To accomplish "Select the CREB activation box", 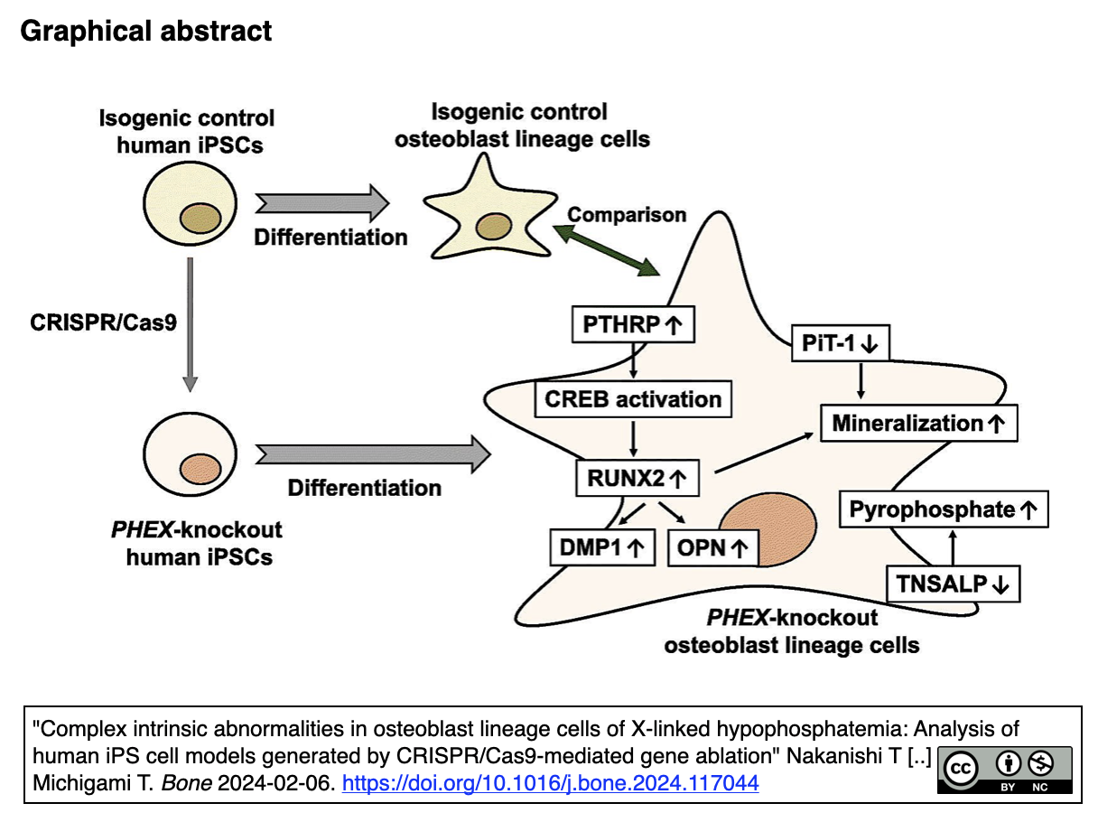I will click(633, 399).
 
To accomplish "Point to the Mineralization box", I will click(918, 423).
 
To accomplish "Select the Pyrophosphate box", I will click(943, 509).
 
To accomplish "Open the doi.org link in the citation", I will click(551, 783).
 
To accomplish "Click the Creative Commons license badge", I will click(1004, 771).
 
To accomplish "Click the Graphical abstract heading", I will click(145, 31).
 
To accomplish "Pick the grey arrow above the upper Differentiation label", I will click(321, 204).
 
